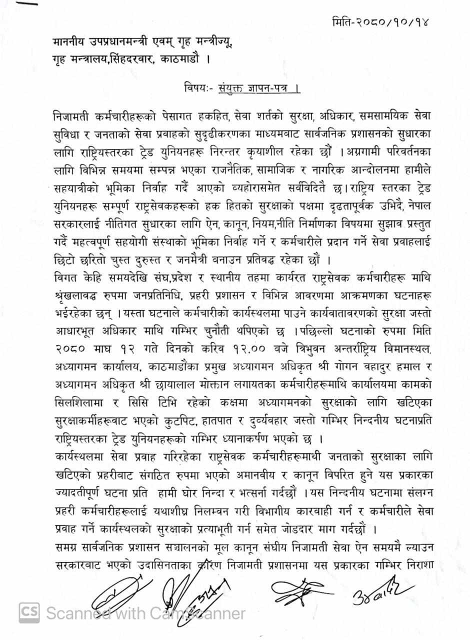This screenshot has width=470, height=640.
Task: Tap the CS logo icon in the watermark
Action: [x=29, y=612]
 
